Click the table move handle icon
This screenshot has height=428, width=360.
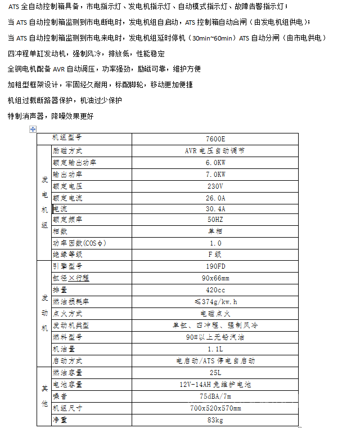tap(33, 130)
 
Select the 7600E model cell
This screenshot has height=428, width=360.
tap(215, 139)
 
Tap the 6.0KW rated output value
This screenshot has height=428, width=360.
tap(215, 163)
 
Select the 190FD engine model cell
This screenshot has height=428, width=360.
tap(215, 267)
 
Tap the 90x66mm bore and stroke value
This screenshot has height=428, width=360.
tap(215, 279)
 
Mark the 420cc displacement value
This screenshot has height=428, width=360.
tap(215, 291)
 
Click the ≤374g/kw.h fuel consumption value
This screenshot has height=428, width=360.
tap(215, 302)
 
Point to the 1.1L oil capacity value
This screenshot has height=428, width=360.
tap(215, 349)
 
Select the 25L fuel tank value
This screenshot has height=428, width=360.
tap(215, 373)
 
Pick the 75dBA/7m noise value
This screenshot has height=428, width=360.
tap(215, 396)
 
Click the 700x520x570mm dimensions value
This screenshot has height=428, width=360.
tap(215, 408)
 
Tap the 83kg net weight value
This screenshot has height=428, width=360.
tap(215, 420)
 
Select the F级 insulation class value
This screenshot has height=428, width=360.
tap(215, 255)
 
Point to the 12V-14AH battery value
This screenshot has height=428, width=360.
tap(215, 385)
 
